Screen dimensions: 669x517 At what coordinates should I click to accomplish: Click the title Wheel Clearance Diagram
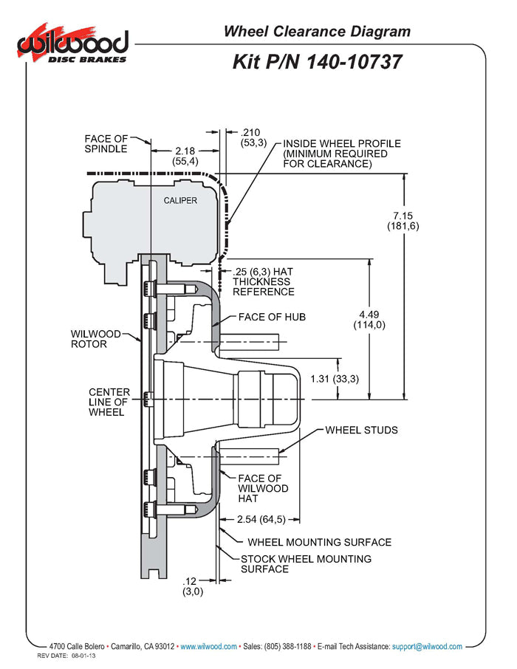point(317,31)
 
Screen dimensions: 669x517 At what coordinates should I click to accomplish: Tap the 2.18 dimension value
point(185,151)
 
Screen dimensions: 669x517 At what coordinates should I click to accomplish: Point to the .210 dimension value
point(251,132)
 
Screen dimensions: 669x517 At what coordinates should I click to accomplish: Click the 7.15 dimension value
point(403,216)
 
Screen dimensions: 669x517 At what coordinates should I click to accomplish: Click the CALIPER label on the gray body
point(179,201)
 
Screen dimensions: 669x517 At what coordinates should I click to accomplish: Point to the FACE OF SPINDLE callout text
point(106,143)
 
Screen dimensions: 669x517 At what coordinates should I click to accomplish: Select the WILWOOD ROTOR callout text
point(89,338)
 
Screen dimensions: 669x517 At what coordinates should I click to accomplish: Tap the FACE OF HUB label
point(271,317)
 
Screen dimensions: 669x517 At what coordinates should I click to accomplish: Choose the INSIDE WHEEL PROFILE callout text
point(341,153)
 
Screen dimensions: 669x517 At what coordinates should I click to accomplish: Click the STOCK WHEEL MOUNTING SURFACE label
point(306,564)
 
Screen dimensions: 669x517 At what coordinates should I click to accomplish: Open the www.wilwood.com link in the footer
point(208,646)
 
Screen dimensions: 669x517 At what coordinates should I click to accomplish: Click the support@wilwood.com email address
point(427,646)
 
